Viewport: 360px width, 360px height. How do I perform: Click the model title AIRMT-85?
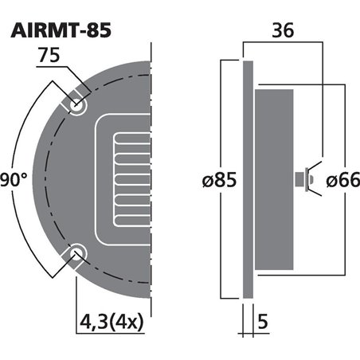60,29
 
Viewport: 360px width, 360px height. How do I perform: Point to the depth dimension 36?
282,30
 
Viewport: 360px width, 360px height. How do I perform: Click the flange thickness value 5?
262,325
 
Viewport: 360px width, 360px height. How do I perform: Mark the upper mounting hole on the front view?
77,104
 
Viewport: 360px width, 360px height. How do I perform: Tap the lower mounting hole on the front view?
77,255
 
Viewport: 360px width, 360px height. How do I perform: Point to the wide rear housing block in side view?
273,180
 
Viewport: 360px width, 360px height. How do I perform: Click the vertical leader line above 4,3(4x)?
77,287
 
